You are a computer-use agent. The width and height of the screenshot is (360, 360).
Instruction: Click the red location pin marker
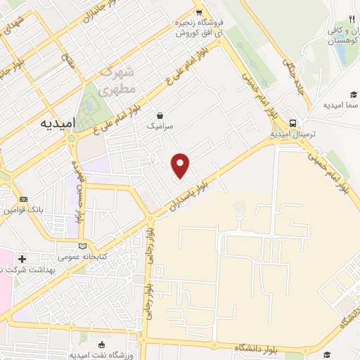[181, 165]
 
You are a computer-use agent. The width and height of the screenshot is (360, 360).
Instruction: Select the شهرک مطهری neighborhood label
[116, 82]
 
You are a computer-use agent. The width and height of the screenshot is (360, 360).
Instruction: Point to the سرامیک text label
[159, 127]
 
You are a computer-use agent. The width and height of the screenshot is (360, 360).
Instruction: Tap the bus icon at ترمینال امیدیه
[292, 122]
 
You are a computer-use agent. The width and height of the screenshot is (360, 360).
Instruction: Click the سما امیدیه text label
[341, 105]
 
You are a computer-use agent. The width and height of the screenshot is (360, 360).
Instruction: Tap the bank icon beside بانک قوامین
[23, 199]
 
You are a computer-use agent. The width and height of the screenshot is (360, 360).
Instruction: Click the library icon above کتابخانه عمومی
[84, 246]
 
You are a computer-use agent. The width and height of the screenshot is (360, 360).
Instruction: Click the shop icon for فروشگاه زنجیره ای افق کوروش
[200, 13]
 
